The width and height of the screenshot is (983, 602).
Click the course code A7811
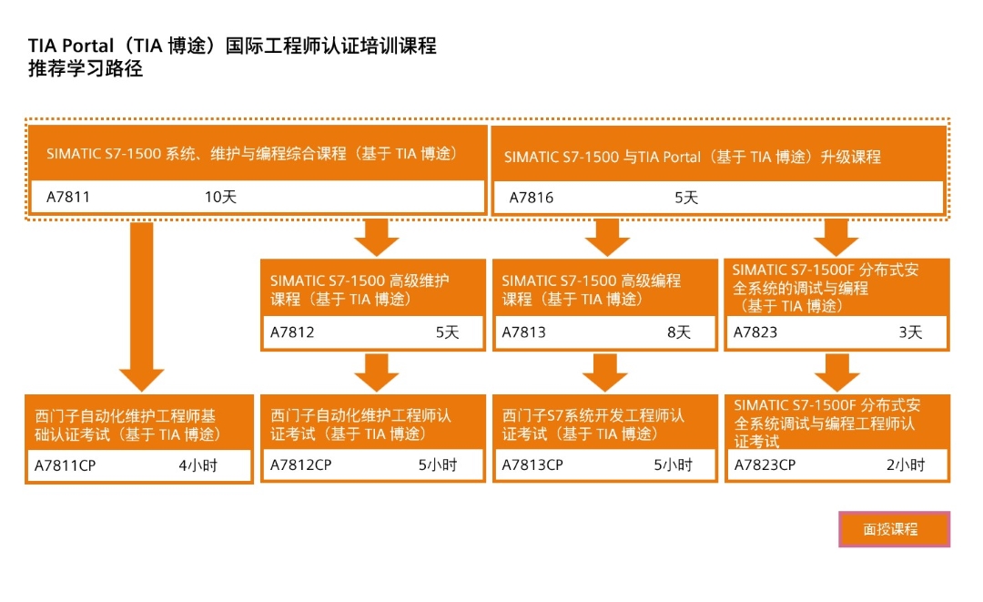click(x=67, y=197)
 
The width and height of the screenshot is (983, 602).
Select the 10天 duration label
click(x=220, y=197)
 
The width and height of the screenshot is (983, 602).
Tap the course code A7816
click(x=531, y=198)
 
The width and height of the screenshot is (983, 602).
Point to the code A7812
click(x=292, y=332)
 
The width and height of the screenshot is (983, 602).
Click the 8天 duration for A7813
click(x=678, y=332)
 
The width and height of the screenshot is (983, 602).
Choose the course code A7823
click(x=755, y=332)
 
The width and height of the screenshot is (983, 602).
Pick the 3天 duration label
click(x=910, y=332)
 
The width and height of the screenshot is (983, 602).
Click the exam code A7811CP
click(x=66, y=465)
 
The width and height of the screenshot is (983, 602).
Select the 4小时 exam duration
click(x=198, y=465)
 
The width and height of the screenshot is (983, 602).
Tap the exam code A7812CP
click(x=301, y=464)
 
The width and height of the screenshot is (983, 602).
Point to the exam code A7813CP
click(x=532, y=464)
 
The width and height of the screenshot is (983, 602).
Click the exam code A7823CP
click(x=765, y=464)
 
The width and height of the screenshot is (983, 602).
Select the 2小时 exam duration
click(x=906, y=464)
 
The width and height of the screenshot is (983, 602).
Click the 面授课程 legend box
click(x=894, y=529)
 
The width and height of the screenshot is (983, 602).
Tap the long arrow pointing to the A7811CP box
click(x=142, y=307)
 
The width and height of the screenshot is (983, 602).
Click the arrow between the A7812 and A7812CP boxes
click(x=376, y=372)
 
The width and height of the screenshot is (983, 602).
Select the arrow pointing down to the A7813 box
click(x=607, y=237)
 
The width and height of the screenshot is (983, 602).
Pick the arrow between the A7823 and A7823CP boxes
click(x=837, y=372)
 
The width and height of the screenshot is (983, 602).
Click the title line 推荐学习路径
click(x=86, y=68)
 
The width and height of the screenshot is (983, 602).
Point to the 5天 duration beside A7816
click(x=686, y=198)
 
